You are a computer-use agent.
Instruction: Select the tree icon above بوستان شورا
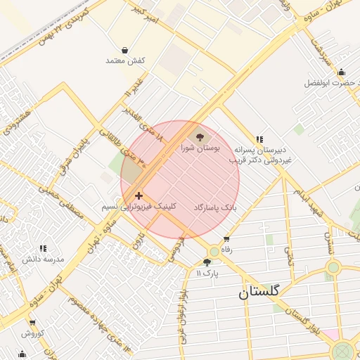click(200, 137)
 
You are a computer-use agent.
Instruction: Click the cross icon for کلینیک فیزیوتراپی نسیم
click(139, 195)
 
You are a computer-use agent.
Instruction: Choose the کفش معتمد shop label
click(125, 60)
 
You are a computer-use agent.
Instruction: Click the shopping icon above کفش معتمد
click(125, 50)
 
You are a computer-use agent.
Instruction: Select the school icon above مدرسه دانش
click(44, 248)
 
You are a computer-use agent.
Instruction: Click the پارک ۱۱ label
click(207, 272)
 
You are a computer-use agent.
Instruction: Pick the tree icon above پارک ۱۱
click(207, 262)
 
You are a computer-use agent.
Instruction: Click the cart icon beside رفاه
click(226, 239)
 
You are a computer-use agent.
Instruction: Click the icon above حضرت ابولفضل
click(341, 72)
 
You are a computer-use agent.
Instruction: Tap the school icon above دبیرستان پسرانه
click(260, 139)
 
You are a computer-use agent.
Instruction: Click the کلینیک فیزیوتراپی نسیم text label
click(139, 207)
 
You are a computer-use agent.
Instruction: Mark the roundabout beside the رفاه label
click(214, 251)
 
